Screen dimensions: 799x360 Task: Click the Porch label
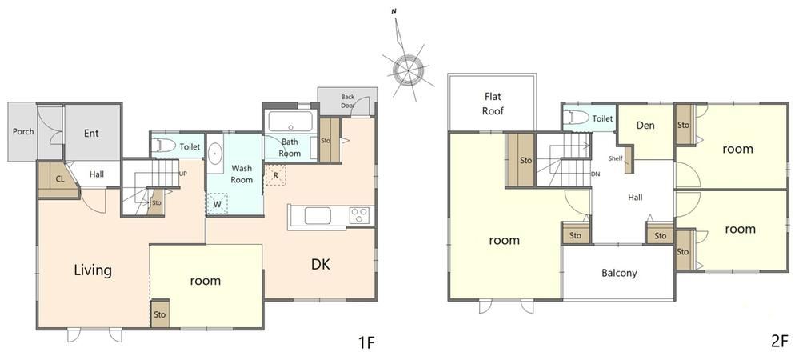[x=23, y=131]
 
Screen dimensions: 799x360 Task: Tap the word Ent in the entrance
[x=91, y=134]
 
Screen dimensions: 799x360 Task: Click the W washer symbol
[x=218, y=203]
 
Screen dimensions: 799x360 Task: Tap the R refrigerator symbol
[x=276, y=175]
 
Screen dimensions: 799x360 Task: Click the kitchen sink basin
[x=318, y=216]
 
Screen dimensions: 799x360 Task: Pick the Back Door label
[x=348, y=101]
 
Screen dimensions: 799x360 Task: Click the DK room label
[x=321, y=264]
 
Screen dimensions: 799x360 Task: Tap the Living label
[x=93, y=270]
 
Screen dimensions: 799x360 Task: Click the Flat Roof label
[x=493, y=103]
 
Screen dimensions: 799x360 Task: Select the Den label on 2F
[x=645, y=125]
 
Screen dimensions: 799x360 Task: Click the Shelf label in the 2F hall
[x=615, y=158]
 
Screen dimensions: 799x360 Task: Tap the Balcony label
[x=619, y=273]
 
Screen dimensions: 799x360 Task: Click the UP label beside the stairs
[x=183, y=174]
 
